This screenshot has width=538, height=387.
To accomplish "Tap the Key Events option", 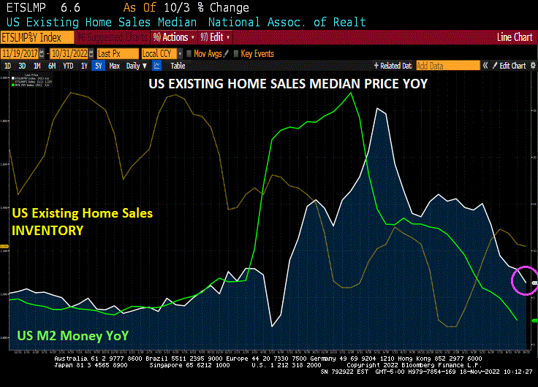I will coord(257,53).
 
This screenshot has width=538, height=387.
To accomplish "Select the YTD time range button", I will coord(68,66).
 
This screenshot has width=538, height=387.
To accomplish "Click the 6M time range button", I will coord(52,66).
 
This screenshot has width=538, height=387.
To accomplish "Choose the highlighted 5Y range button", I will coord(99,66).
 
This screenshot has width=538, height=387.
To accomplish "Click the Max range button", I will coord(114,66).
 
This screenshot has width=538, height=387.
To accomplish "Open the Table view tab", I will coord(178,66).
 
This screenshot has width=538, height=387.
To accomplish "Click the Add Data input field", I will coord(447,66).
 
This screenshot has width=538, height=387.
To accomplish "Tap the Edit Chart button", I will coord(511,66).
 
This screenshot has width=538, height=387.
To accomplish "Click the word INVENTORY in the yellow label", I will coord(48,230).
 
